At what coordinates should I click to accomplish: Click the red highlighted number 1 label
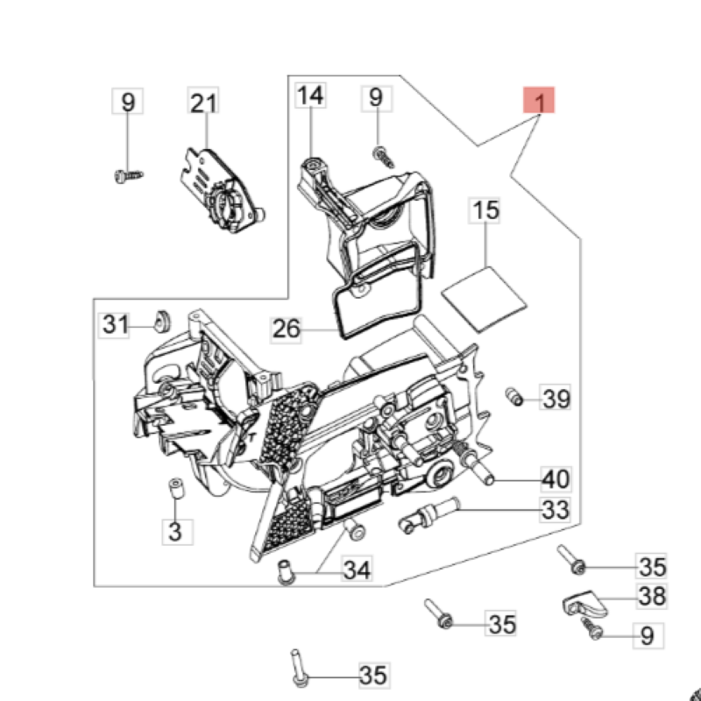[x=541, y=103]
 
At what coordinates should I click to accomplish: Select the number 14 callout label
[x=309, y=96]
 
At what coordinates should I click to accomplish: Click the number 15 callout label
[x=486, y=210]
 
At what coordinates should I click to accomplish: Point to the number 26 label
[x=287, y=329]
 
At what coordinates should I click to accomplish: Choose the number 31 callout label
[x=115, y=325]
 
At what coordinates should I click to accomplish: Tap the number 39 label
[x=556, y=400]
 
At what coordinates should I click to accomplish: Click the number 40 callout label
[x=556, y=479]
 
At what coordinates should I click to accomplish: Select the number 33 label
[x=556, y=509]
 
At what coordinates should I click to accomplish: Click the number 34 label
[x=357, y=571]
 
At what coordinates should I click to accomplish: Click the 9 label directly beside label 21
[x=128, y=103]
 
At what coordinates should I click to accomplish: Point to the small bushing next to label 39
[x=514, y=396]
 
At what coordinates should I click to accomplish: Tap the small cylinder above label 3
[x=174, y=488]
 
